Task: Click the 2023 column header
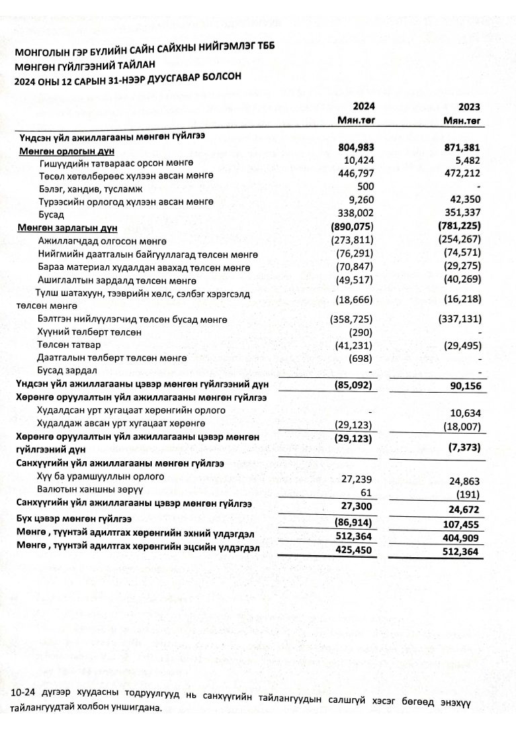tap(470, 107)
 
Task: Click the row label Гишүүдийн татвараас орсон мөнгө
tap(117, 163)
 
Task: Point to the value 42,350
tap(466, 201)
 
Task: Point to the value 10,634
tap(466, 413)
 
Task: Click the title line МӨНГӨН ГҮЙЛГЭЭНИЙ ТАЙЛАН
tap(85, 65)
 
